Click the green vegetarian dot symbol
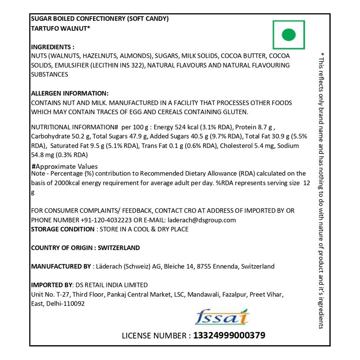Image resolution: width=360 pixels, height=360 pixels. [288, 35]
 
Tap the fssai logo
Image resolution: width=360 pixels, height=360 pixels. [222, 317]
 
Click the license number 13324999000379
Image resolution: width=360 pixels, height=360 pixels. [229, 336]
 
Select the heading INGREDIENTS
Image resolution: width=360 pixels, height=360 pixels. [53, 47]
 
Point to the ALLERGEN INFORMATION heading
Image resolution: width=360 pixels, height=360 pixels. [70, 93]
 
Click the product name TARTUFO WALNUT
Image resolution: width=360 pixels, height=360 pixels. [59, 29]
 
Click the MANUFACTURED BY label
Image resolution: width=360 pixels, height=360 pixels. [61, 266]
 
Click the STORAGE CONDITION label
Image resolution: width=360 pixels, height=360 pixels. [63, 229]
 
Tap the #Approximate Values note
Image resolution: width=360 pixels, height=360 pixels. [65, 166]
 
